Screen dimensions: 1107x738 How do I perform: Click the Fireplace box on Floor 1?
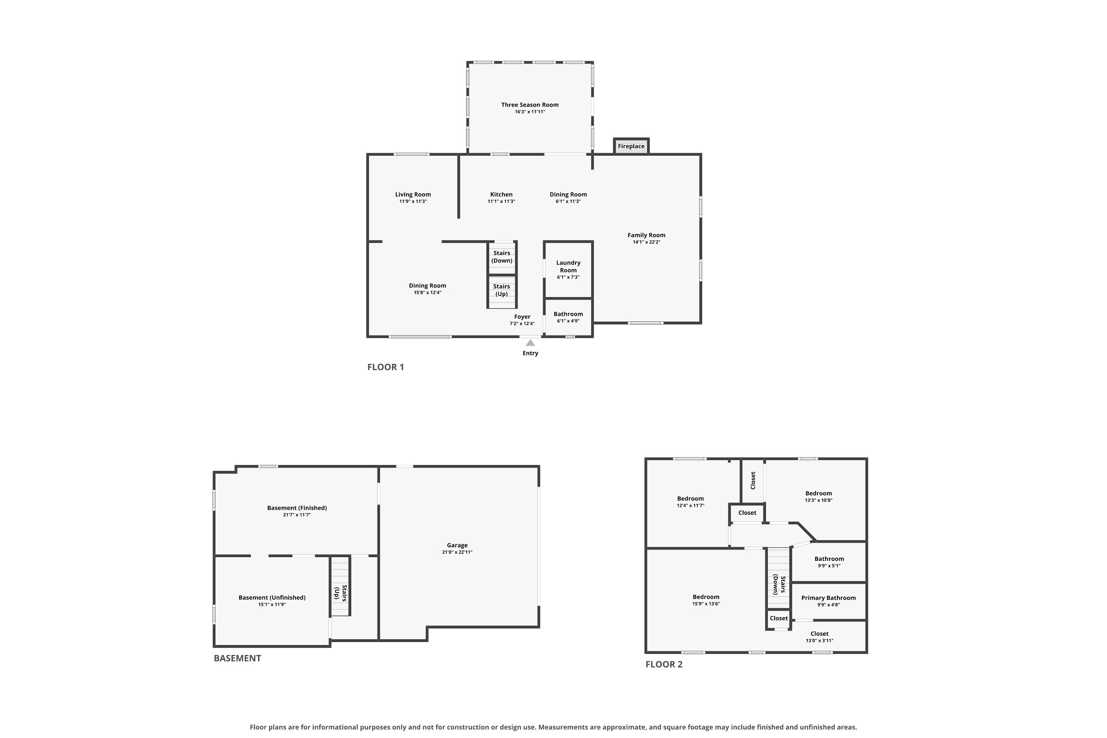click(631, 146)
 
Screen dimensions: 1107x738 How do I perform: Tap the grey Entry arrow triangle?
click(531, 343)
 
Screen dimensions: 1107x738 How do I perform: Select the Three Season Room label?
click(530, 105)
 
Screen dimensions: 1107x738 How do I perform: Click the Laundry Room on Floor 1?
click(568, 270)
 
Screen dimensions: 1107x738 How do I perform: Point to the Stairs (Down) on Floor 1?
click(502, 258)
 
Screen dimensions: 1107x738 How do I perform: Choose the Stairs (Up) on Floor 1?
click(502, 292)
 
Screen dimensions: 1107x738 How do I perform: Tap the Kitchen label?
click(501, 194)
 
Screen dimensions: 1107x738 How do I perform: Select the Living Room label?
click(413, 194)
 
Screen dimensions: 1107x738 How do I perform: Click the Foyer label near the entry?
click(522, 317)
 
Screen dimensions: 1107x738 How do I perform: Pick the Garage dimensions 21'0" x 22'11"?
click(457, 552)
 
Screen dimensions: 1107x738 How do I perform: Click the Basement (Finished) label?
click(297, 508)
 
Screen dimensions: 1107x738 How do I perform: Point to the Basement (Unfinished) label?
click(272, 598)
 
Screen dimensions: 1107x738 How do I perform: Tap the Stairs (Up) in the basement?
click(340, 586)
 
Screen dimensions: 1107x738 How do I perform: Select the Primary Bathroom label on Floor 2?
click(828, 598)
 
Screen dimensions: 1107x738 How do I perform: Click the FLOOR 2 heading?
click(663, 664)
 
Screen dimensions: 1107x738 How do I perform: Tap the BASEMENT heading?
click(237, 658)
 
